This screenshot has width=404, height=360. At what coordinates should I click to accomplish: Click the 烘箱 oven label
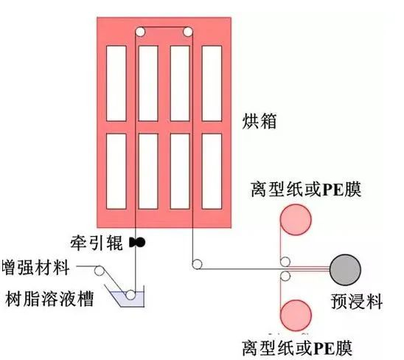[x=260, y=121]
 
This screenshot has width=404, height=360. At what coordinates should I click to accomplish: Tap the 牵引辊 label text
[x=97, y=243]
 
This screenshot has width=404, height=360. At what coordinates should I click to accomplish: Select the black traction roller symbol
[x=137, y=243]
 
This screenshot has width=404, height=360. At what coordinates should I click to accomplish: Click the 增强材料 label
[x=35, y=268]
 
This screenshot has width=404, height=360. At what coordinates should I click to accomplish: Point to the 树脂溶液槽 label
[x=49, y=299]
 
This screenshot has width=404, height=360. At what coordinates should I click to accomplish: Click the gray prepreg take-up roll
[x=345, y=270]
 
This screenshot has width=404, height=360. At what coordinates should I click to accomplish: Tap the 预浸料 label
[x=357, y=301]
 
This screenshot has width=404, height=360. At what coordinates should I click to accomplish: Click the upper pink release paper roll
[x=296, y=219]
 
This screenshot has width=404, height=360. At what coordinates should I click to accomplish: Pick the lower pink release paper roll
[x=296, y=315]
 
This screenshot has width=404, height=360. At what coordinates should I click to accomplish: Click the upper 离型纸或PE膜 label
[x=306, y=190]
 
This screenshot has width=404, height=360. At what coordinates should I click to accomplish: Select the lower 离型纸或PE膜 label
[x=297, y=348]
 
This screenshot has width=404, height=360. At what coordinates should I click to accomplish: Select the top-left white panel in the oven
[x=116, y=83]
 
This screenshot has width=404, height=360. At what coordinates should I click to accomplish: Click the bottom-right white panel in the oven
[x=212, y=171]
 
